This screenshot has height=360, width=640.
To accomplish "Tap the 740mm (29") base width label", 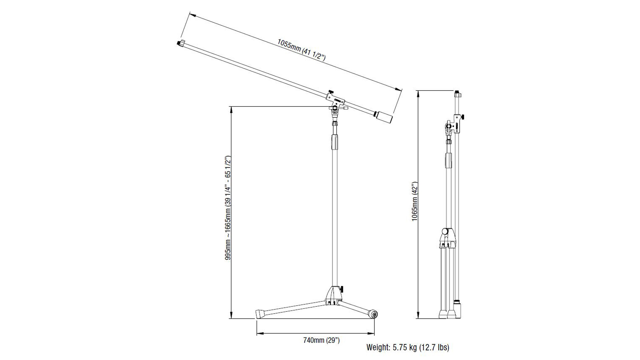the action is click(321, 340).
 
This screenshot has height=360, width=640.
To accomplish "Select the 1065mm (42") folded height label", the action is click(414, 201).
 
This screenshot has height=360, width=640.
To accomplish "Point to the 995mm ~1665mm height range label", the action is click(228, 208).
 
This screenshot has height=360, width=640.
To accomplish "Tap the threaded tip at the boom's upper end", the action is click(181, 43).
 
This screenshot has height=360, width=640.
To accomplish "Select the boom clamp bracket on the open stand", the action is click(335, 100).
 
